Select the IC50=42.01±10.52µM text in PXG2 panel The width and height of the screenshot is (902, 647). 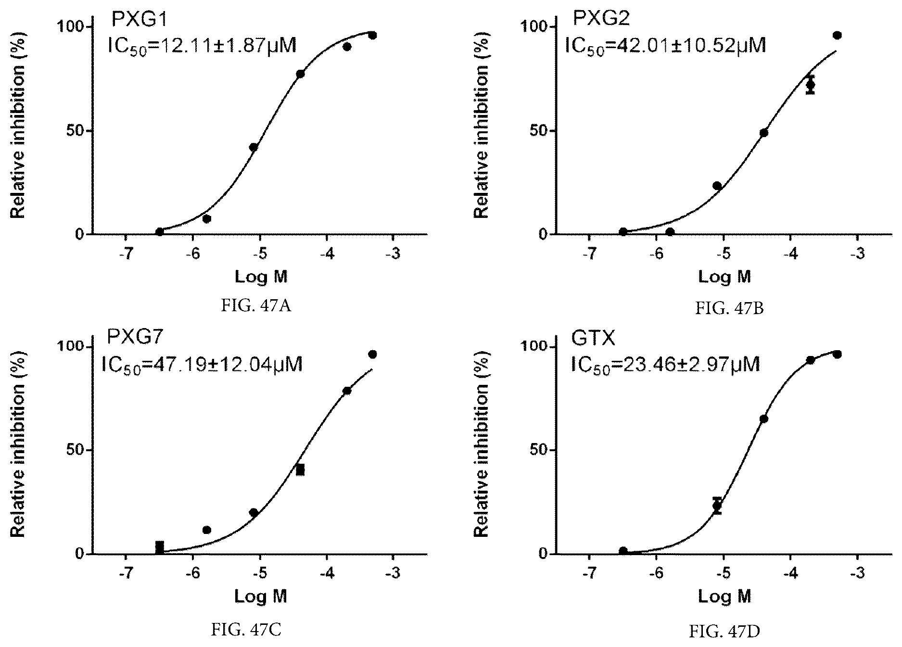[x=665, y=46]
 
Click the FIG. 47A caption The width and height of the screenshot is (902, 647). [x=256, y=306]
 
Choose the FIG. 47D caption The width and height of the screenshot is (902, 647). [x=724, y=631]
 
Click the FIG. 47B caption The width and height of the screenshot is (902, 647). [x=729, y=308]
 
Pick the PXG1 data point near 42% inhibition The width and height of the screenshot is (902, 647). [x=254, y=147]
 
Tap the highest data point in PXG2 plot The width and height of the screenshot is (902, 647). [x=837, y=35]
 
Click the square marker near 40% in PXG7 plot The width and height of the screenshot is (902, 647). [x=300, y=470]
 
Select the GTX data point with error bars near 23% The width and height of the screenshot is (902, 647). [x=717, y=506]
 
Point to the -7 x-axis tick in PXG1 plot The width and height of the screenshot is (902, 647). [x=126, y=254]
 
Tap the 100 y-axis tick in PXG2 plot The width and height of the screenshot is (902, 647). [x=535, y=26]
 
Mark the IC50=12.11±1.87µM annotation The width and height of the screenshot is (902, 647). [x=201, y=46]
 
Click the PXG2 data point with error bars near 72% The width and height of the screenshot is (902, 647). [x=811, y=85]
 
